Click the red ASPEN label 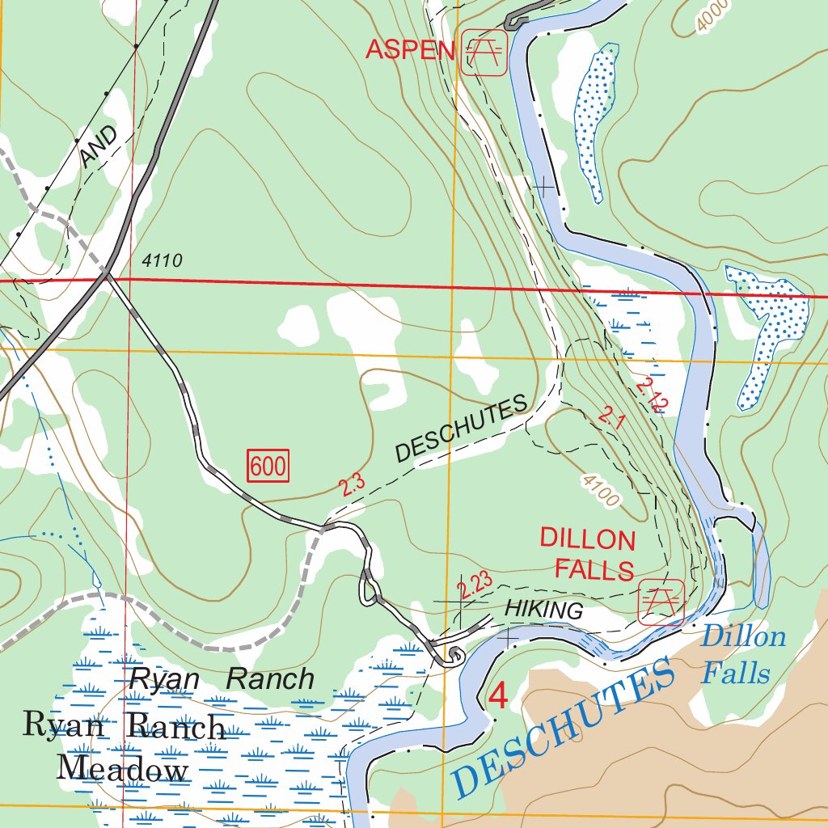pyautogui.click(x=410, y=50)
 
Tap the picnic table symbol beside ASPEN pyautogui.click(x=484, y=53)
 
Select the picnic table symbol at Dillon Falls pyautogui.click(x=661, y=602)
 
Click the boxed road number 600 pyautogui.click(x=268, y=467)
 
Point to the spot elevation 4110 pyautogui.click(x=162, y=260)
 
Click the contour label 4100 pyautogui.click(x=600, y=491)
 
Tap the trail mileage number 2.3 pyautogui.click(x=352, y=484)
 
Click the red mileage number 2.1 pyautogui.click(x=612, y=417)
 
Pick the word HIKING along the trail pyautogui.click(x=543, y=610)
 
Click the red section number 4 pyautogui.click(x=499, y=696)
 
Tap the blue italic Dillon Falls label pyautogui.click(x=742, y=654)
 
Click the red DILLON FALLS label pyautogui.click(x=588, y=554)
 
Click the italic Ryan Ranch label pyautogui.click(x=222, y=679)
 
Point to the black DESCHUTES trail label pyautogui.click(x=462, y=429)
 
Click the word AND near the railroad pyautogui.click(x=99, y=146)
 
